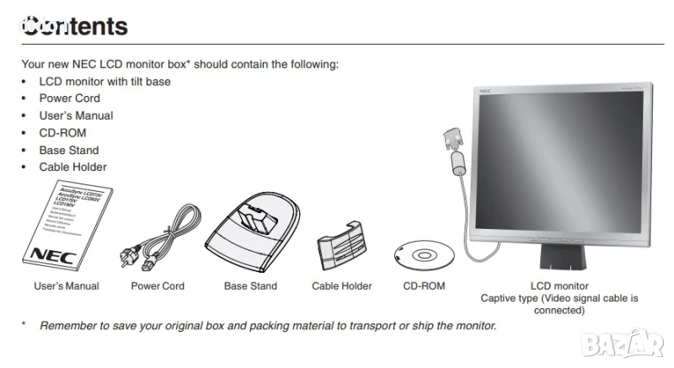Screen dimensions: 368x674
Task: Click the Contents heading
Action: click(x=75, y=26)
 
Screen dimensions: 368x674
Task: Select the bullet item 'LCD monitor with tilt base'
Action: click(x=104, y=82)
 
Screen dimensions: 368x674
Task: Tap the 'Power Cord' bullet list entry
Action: click(x=69, y=99)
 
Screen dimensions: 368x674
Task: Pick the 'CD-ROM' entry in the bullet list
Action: click(x=62, y=133)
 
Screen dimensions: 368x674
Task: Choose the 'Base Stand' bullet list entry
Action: click(x=69, y=150)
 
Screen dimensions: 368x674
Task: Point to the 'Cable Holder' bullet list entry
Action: click(x=72, y=167)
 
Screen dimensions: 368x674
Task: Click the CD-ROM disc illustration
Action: click(x=424, y=253)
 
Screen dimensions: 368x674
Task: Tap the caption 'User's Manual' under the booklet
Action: click(x=67, y=286)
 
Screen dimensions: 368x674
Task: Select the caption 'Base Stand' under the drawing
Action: click(x=250, y=286)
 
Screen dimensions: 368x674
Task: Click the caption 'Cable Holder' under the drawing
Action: click(x=342, y=286)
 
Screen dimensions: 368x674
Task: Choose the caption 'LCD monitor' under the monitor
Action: click(x=559, y=286)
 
